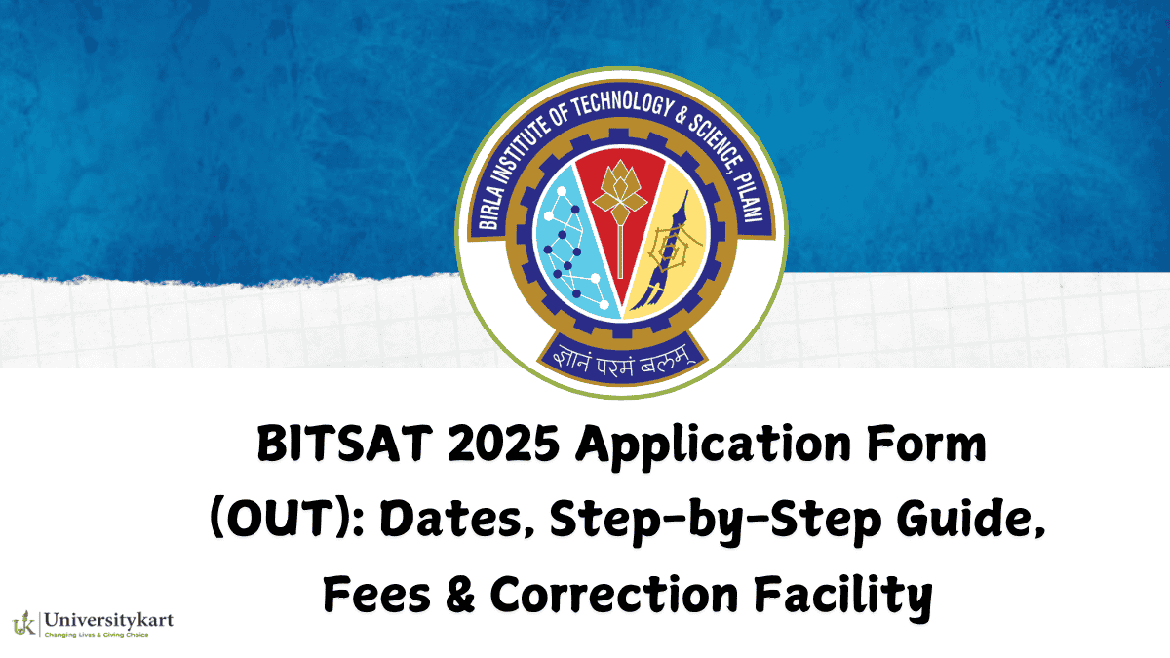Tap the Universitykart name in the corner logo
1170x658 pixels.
point(108,618)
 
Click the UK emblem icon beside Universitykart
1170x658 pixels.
point(24,622)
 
